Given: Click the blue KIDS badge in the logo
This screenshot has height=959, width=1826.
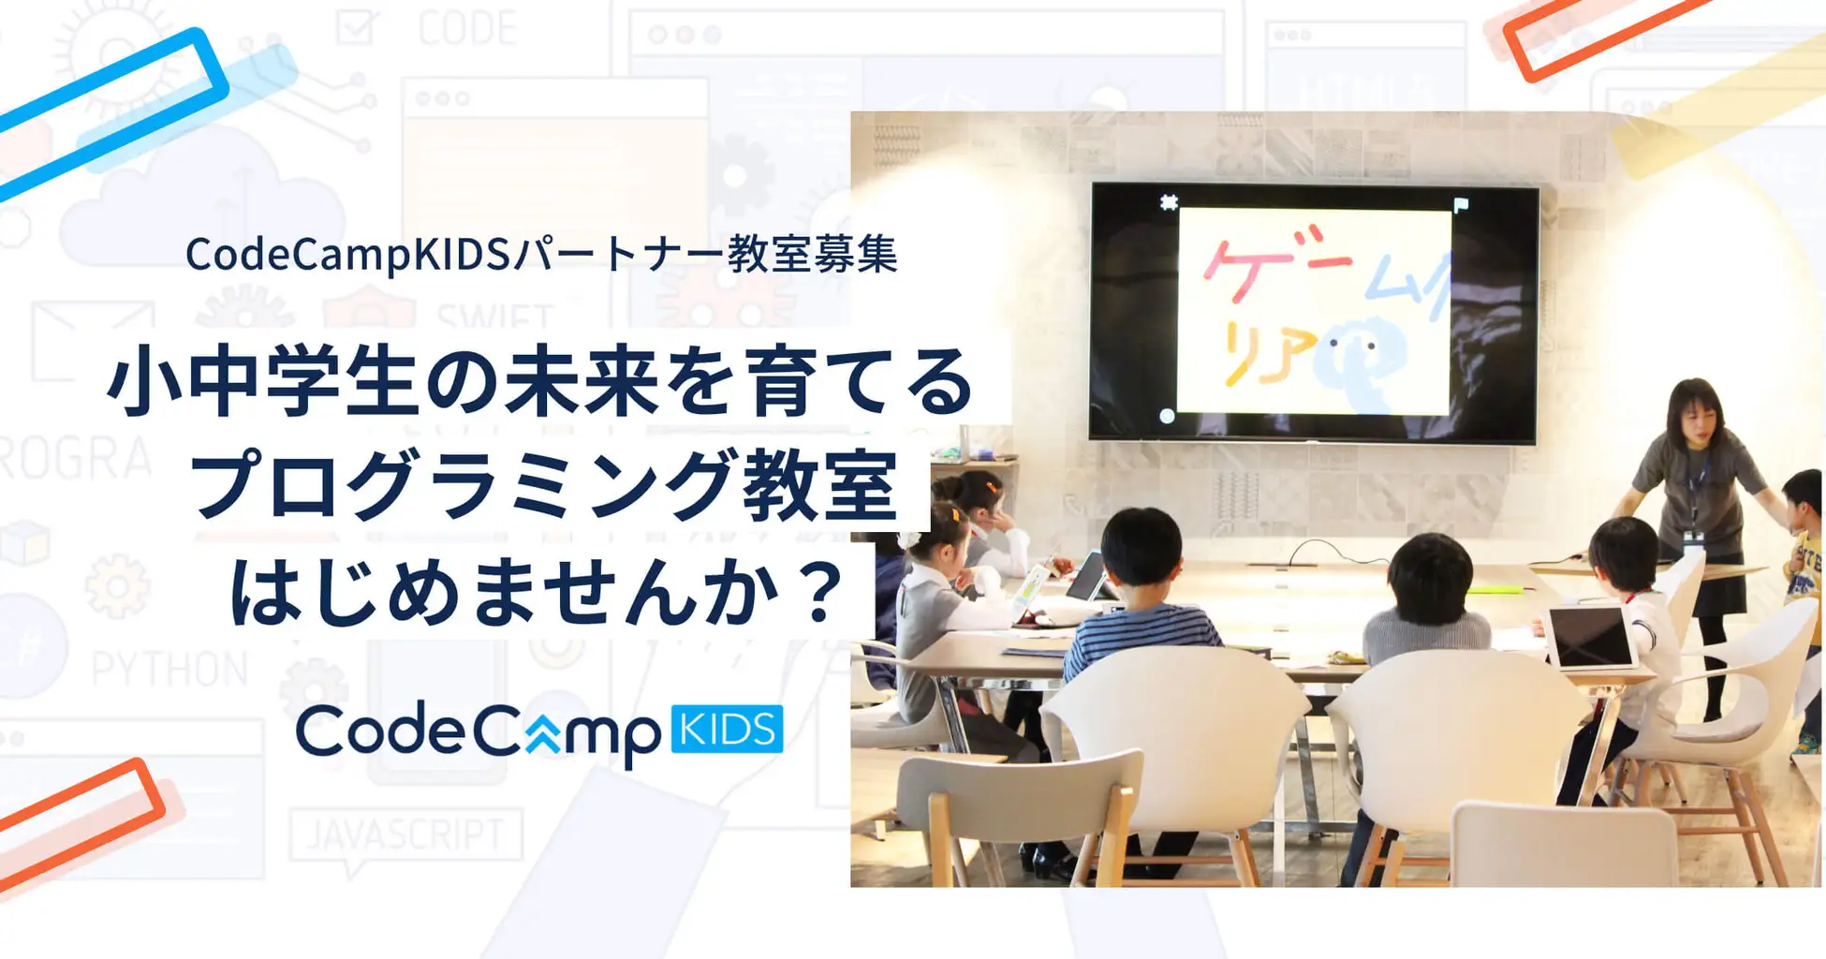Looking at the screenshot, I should pos(727,730).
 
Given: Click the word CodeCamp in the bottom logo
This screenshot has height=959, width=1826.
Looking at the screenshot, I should pos(478,731).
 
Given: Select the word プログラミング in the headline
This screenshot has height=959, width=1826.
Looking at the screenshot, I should pos(460,484).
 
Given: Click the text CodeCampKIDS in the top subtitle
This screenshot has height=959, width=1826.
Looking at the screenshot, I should pos(346,255).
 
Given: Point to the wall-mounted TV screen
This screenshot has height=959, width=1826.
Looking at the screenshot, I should pos(1313,313).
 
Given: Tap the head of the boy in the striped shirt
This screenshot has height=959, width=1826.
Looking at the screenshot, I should pos(1141,547).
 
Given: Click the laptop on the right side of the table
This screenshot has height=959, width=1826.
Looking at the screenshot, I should pos(1590,637).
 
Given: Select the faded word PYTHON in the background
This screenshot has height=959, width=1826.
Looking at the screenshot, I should pos(169,670).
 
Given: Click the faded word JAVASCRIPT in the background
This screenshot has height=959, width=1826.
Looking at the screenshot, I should pos(405,834).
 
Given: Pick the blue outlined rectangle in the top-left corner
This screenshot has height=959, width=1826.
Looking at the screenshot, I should pos(112,112).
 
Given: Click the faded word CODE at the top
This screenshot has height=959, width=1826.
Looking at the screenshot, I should pos(466,28).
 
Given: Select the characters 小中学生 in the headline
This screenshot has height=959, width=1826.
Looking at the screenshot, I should pos(260,382).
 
